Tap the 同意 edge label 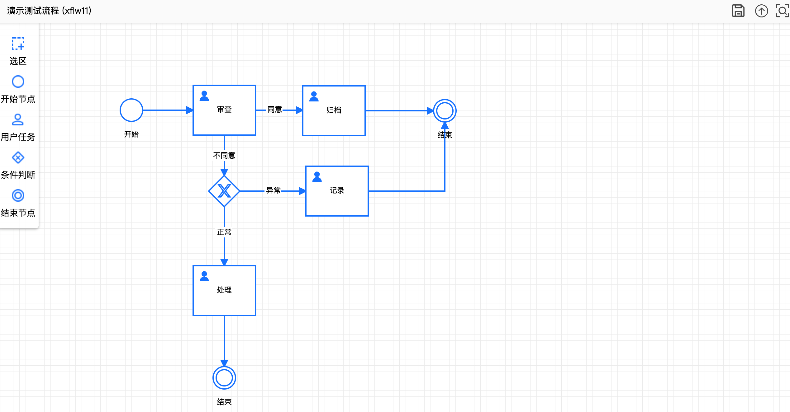pyautogui.click(x=275, y=110)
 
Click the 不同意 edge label pyautogui.click(x=224, y=156)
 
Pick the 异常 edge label pyautogui.click(x=274, y=190)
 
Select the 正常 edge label pyautogui.click(x=224, y=232)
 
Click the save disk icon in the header pyautogui.click(x=738, y=11)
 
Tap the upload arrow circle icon pyautogui.click(x=761, y=11)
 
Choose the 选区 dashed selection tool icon pyautogui.click(x=18, y=44)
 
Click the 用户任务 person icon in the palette pyautogui.click(x=18, y=119)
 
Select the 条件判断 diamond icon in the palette pyautogui.click(x=18, y=157)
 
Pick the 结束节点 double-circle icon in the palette pyautogui.click(x=18, y=195)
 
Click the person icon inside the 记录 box pyautogui.click(x=317, y=176)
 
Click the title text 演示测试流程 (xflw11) pyautogui.click(x=49, y=11)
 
